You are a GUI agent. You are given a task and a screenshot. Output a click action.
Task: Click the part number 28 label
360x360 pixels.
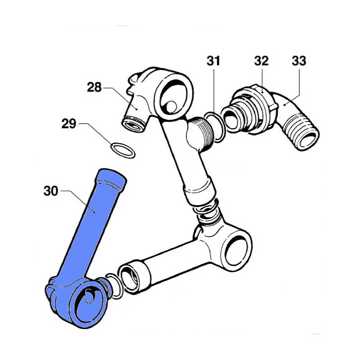point(94,87)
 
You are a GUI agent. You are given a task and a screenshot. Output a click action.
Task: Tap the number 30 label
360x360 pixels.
point(51,191)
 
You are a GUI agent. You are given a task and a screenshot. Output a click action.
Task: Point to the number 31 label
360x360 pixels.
point(213,61)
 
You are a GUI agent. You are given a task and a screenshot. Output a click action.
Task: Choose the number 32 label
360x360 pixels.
point(261,61)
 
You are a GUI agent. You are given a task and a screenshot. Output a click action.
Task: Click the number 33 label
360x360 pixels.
point(299,61)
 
